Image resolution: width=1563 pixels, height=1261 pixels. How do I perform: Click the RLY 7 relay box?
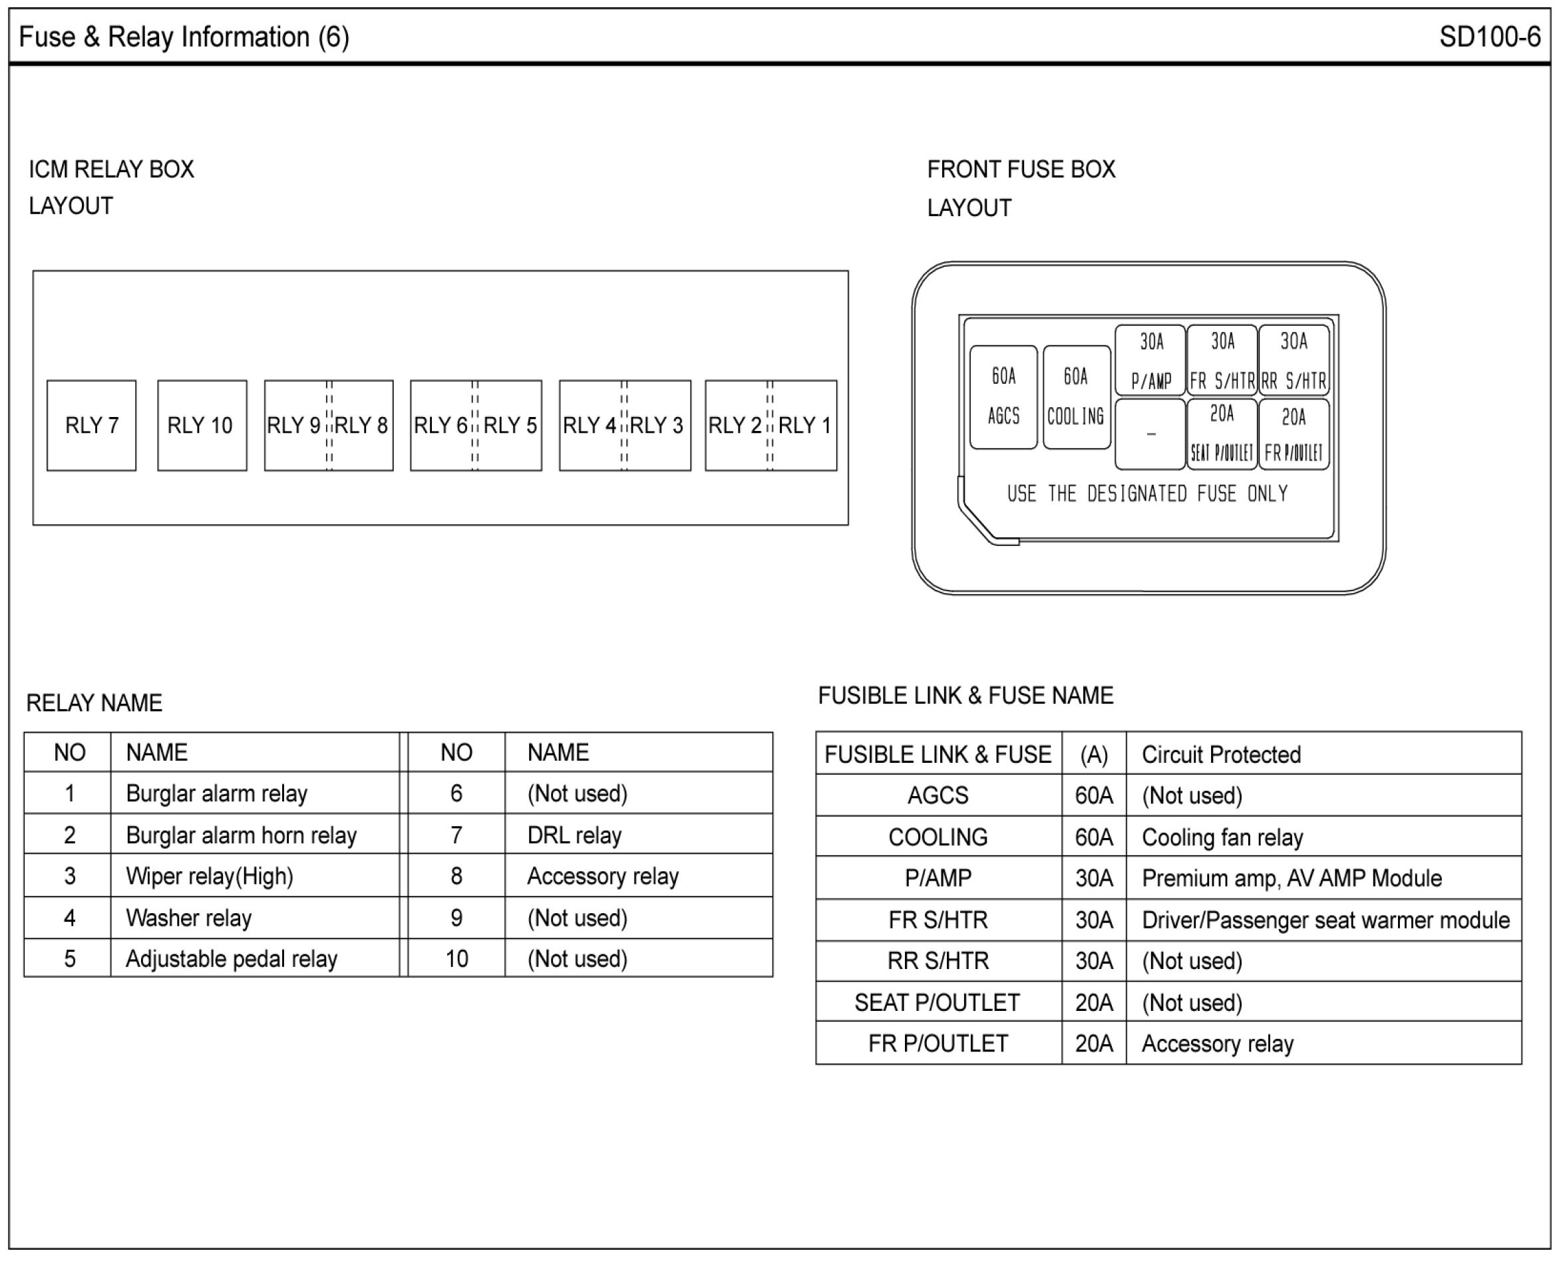(92, 426)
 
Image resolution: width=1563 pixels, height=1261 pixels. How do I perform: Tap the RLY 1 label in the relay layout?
(804, 426)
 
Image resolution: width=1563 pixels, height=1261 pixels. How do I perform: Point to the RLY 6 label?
(440, 426)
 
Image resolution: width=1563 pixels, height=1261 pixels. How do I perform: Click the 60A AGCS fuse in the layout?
(1003, 396)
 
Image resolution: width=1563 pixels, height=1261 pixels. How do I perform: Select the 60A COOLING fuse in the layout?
(1076, 396)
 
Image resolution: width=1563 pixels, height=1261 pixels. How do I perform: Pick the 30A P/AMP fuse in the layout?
(1151, 360)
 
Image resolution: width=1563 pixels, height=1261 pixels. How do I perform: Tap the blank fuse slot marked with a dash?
(1150, 434)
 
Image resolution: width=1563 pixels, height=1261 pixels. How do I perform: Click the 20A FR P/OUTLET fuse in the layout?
(1294, 434)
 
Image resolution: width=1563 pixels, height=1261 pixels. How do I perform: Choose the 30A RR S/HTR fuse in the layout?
(1294, 360)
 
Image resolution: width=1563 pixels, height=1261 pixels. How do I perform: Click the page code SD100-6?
(1489, 37)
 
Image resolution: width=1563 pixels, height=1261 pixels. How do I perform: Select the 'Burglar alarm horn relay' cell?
(242, 835)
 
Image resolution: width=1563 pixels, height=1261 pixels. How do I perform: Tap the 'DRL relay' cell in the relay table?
(574, 835)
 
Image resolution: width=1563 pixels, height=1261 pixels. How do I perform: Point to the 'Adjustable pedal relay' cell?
(232, 959)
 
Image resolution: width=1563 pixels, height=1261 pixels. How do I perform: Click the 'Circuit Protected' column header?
(1221, 755)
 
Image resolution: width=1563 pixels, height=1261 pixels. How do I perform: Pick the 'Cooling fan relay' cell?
(1222, 837)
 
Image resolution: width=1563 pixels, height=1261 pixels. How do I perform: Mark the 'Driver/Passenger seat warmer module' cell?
(1325, 920)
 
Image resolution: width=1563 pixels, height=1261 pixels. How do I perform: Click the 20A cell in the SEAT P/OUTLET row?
(1094, 1002)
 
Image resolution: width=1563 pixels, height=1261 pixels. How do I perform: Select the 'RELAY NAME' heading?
(94, 703)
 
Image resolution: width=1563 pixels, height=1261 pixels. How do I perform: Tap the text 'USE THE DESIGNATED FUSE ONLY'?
(1147, 495)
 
